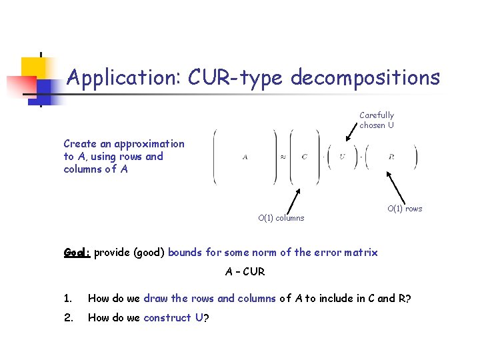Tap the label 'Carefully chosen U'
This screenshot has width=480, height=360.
[x=377, y=120]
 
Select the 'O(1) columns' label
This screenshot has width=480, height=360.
[x=281, y=218]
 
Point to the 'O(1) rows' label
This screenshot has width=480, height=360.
[x=405, y=209]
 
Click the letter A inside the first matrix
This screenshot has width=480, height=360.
[x=245, y=157]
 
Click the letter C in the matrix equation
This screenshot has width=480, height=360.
[x=304, y=157]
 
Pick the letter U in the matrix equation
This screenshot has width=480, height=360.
[x=342, y=157]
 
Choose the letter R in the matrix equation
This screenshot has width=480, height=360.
[x=391, y=157]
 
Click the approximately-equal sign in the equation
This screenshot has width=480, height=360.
[x=283, y=157]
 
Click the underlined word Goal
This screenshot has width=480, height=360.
[x=77, y=253]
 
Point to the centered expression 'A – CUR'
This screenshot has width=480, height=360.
[x=245, y=272]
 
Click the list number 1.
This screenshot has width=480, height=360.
[x=67, y=299]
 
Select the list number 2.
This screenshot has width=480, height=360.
[x=68, y=318]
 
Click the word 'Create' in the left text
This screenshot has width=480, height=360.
[x=79, y=144]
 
